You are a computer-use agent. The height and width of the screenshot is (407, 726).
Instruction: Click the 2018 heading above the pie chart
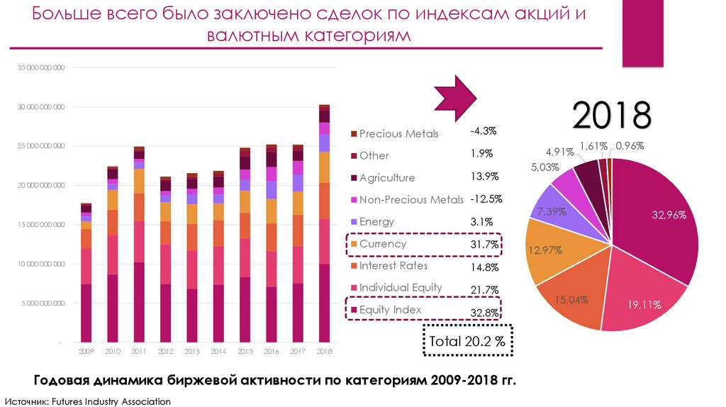611,116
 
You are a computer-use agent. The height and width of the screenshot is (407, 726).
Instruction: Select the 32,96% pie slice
659,220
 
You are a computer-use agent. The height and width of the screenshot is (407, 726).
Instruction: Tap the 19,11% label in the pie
644,305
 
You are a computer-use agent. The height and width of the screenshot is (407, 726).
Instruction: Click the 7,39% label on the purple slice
551,211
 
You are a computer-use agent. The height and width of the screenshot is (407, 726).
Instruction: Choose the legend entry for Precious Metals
398,133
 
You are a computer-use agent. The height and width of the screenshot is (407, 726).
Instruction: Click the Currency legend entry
383,244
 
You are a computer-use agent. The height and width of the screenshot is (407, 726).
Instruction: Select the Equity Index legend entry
390,310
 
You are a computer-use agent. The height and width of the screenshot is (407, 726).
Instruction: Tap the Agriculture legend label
386,178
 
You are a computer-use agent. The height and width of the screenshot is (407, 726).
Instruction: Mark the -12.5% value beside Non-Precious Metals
486,199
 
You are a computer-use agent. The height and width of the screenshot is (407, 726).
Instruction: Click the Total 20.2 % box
467,342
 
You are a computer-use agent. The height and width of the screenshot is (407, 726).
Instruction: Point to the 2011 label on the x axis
139,351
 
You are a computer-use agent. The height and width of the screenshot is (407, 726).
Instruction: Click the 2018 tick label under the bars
324,351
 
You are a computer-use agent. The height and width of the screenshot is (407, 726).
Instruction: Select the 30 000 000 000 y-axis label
41,107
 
